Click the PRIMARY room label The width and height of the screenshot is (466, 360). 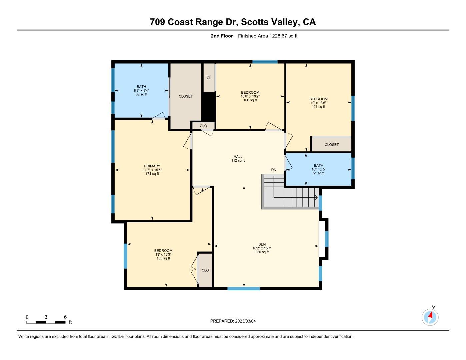(x=152, y=166)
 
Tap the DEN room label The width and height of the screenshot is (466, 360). (x=262, y=244)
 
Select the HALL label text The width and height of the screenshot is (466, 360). (x=238, y=156)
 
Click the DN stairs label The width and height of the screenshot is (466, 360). (x=274, y=170)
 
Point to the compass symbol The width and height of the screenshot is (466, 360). (x=430, y=317)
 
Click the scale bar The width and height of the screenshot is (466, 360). (x=46, y=322)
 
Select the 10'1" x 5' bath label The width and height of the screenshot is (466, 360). (x=318, y=169)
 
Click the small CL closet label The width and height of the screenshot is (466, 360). (x=209, y=78)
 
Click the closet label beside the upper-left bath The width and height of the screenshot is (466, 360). (x=186, y=96)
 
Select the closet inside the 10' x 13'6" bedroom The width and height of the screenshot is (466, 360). (x=331, y=145)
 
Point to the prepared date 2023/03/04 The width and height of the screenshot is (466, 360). (x=245, y=321)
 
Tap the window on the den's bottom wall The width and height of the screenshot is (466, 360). (x=244, y=288)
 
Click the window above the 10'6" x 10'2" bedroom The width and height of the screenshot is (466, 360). (x=265, y=62)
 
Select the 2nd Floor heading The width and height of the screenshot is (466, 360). (x=222, y=36)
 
